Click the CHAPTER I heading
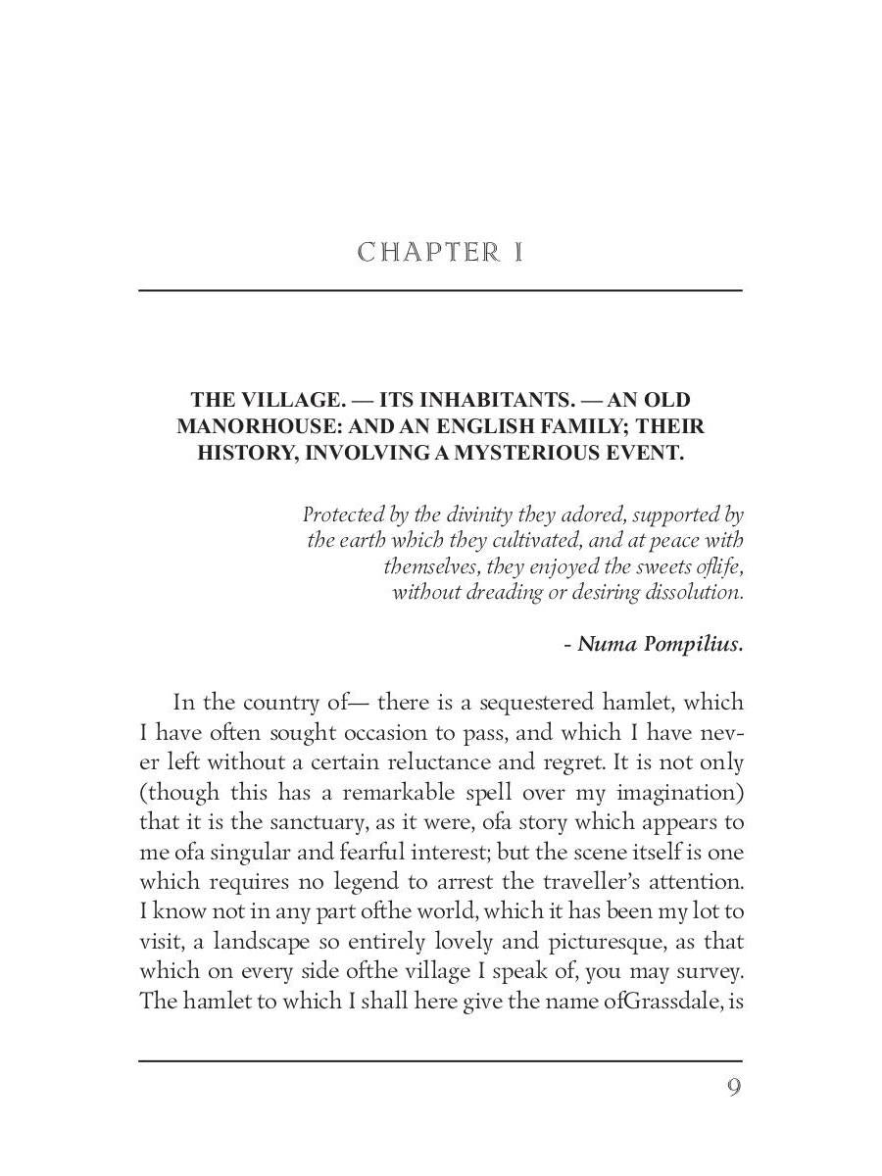pyautogui.click(x=440, y=253)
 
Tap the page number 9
pyautogui.click(x=733, y=1087)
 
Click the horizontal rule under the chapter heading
pyautogui.click(x=440, y=290)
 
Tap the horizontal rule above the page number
pyautogui.click(x=440, y=1060)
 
